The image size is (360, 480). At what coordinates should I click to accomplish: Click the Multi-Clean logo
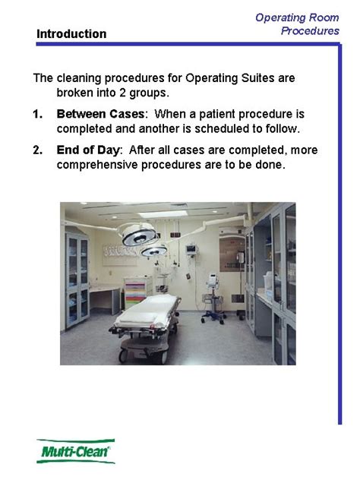76,451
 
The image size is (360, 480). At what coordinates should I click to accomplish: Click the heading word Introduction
71,33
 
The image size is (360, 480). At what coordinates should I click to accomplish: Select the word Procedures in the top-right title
310,30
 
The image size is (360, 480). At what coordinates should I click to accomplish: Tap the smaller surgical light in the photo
155,250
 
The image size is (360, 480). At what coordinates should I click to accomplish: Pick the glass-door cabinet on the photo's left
77,277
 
